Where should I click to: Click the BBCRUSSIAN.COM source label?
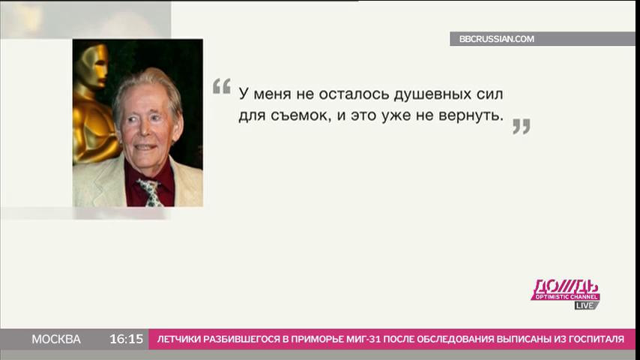point(496,39)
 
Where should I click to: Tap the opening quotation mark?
point(222,86)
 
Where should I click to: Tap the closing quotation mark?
point(522,126)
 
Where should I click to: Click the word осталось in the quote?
point(354,94)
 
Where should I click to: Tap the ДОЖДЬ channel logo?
point(565,289)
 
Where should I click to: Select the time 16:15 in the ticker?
point(126,339)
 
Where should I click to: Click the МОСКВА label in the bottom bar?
point(56,339)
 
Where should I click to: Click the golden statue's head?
point(93,65)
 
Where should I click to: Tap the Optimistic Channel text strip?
point(566,297)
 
